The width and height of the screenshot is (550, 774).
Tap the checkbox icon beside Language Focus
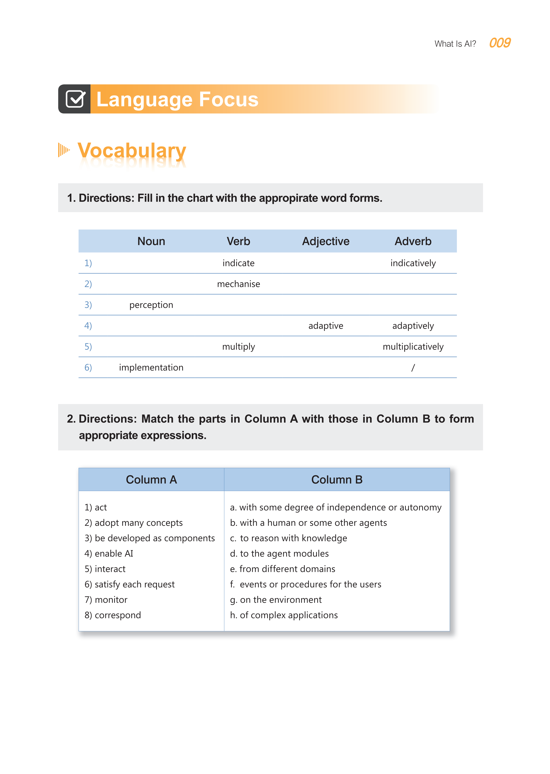point(75,99)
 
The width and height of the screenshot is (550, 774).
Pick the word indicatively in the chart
point(413,263)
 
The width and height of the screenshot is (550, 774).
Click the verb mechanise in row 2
point(239,284)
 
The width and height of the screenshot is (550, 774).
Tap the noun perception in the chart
point(151,305)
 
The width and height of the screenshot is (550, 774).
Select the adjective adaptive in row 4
point(326,326)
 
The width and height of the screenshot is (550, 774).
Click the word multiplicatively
point(413,347)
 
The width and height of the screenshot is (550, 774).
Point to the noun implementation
point(151,368)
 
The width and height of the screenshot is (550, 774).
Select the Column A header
point(151,480)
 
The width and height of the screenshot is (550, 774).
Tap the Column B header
point(337,480)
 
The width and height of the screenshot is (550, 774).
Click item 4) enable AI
point(109,554)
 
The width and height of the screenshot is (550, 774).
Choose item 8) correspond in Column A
point(113,615)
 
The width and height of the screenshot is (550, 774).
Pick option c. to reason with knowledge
point(289,538)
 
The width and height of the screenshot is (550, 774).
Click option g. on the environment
point(276,600)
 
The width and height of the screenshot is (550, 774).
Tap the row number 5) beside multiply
point(88,347)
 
